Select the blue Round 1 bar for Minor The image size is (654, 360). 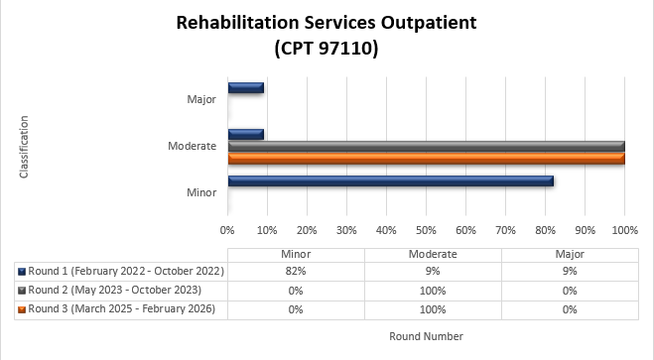pos(390,180)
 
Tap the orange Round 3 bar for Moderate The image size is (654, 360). pos(426,158)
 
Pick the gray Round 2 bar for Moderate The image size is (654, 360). pos(426,146)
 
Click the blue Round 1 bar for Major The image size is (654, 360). pos(245,87)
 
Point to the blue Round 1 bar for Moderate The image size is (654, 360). pos(245,134)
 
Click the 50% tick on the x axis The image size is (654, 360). pos(426,229)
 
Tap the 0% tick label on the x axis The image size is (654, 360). pos(227,229)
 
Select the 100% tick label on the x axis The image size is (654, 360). pos(624,229)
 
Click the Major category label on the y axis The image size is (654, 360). pos(201,99)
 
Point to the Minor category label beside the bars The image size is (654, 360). pos(201,191)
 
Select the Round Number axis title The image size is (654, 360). pos(427,336)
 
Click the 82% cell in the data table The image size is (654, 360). pos(296,271)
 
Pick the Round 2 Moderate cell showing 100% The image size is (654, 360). pos(433,290)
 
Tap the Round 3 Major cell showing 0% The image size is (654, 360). pos(570,309)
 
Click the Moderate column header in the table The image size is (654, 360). pos(433,253)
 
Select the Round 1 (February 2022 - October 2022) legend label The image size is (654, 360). pos(127,271)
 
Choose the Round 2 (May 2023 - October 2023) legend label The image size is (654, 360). pos(115,290)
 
